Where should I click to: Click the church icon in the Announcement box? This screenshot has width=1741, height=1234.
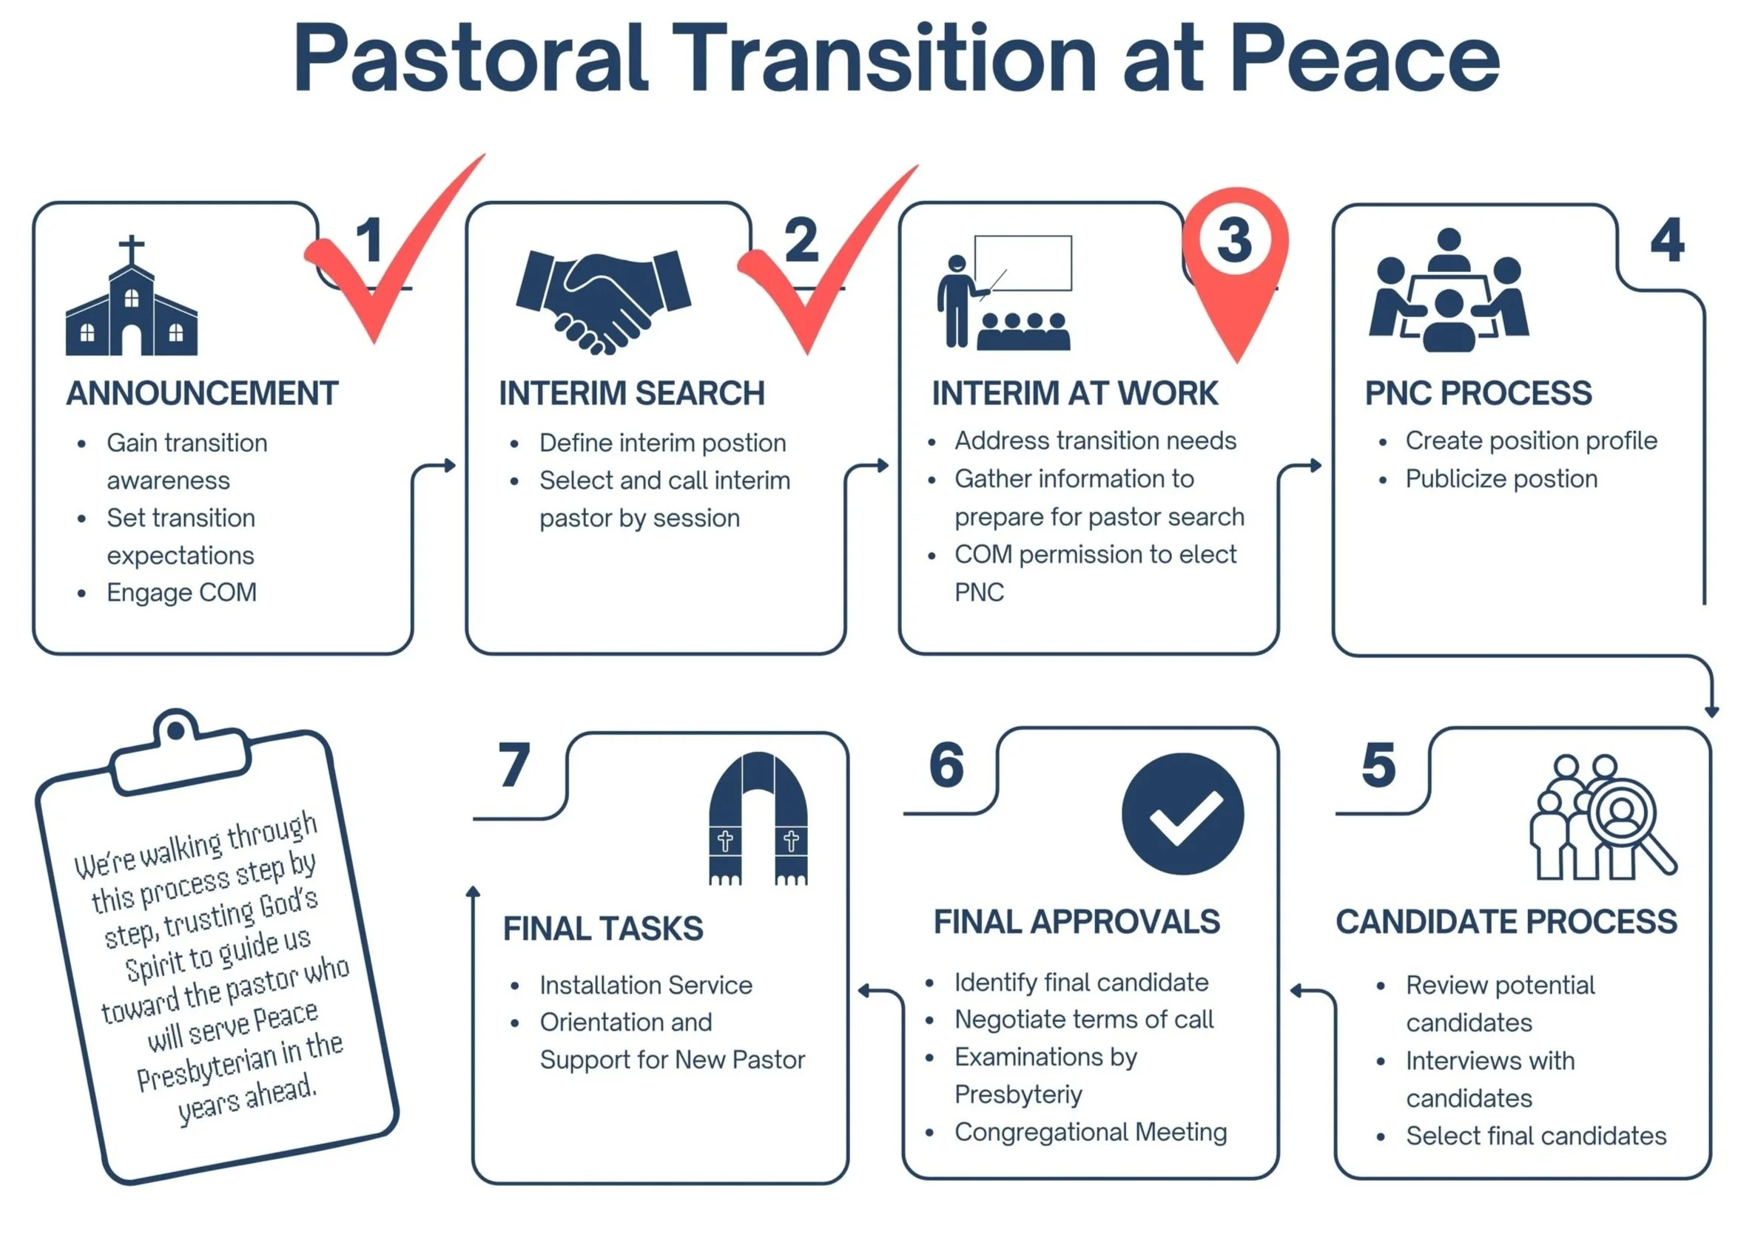[x=132, y=304]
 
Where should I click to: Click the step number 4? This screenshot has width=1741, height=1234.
[x=1666, y=240]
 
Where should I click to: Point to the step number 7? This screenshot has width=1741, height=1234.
[x=514, y=765]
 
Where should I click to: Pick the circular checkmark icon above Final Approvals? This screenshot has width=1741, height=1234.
[x=1182, y=814]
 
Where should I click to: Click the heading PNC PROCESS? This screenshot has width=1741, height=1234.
[x=1477, y=393]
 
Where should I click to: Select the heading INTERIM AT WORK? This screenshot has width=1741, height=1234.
[x=1074, y=393]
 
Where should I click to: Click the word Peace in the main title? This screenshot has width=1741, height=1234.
[x=1364, y=58]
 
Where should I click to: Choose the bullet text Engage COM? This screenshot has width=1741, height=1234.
[x=181, y=593]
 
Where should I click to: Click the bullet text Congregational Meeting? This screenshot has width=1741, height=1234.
[x=1090, y=1132]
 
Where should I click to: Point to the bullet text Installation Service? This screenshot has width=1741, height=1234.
[x=645, y=986]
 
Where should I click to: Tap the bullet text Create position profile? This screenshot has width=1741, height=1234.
[x=1530, y=441]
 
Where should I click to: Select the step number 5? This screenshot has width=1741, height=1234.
[x=1378, y=765]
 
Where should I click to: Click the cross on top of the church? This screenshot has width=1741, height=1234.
[x=132, y=249]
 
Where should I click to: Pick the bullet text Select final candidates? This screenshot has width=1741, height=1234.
[x=1535, y=1136]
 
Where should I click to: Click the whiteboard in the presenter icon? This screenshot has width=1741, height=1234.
[x=1023, y=263]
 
